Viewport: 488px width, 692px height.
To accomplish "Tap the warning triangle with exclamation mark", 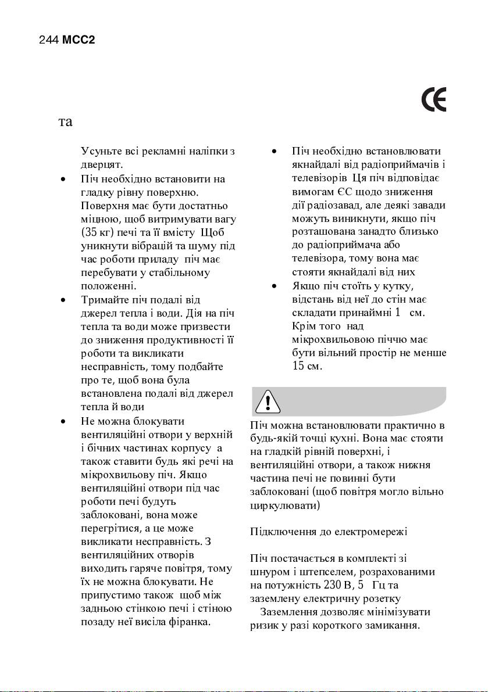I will click(x=268, y=401).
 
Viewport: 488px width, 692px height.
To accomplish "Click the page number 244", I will click(x=48, y=41).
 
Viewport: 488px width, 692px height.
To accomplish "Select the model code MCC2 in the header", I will click(x=79, y=41).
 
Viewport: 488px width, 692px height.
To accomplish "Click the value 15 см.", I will click(x=307, y=366).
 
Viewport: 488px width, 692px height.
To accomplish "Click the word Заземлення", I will click(x=288, y=612).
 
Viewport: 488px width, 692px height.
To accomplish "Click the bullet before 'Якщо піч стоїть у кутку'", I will click(x=274, y=286).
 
